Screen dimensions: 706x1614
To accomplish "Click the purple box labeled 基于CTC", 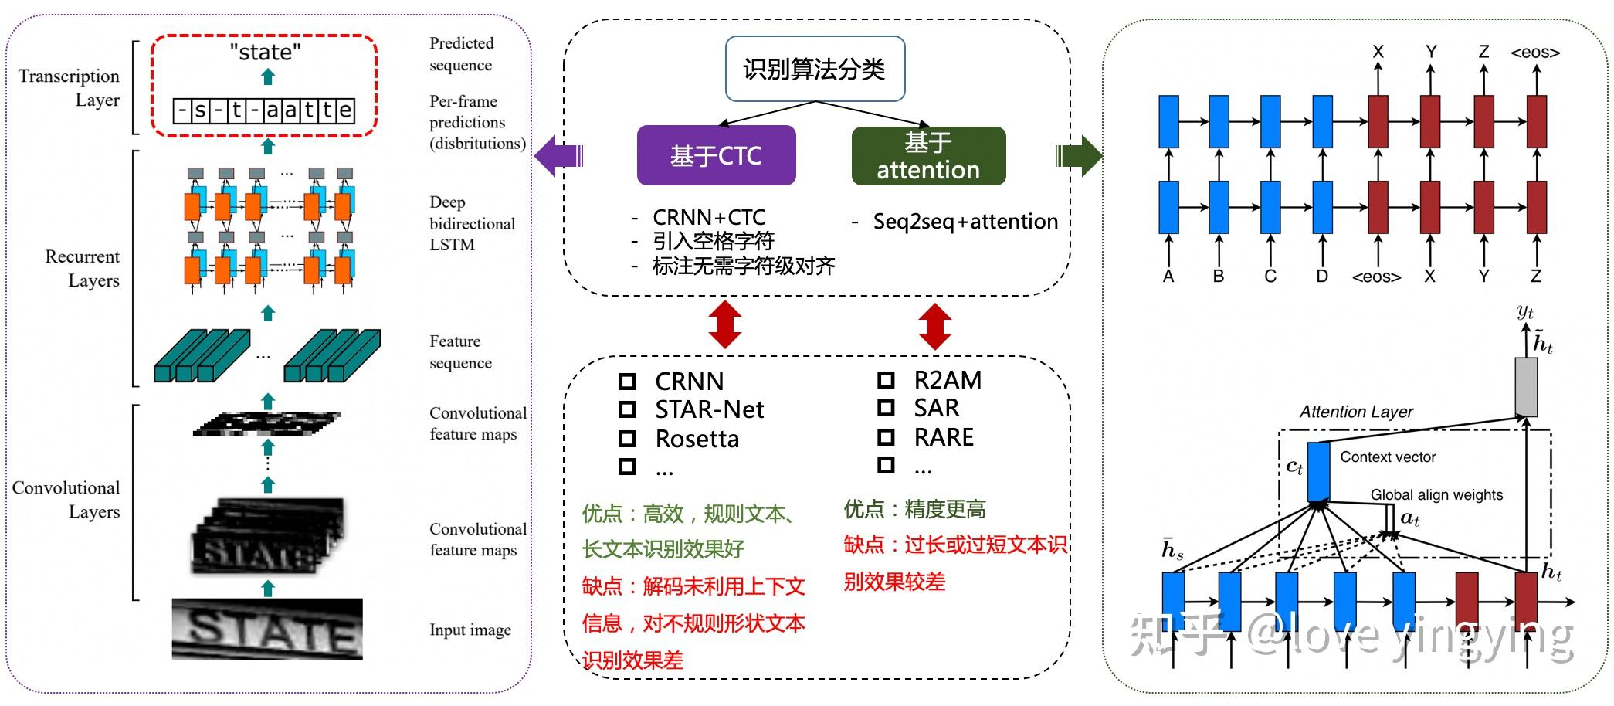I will pos(716,155).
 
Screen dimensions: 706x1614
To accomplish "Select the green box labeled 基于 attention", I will pos(928,156).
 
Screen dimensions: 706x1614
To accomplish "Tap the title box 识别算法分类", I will pos(815,69).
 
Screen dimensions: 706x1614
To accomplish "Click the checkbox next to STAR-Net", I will pos(627,409).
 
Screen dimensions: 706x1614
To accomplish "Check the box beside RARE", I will pos(886,437).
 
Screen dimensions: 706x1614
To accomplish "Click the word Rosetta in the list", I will pos(697,439).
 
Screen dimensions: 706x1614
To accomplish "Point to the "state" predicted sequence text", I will pos(265,53).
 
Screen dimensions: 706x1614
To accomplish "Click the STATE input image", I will pos(267,630).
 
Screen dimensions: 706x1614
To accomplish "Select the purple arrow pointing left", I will pos(558,155).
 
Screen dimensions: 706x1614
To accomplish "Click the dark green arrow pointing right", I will pos(1079,155).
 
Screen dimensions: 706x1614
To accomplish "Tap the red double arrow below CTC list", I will pos(725,325).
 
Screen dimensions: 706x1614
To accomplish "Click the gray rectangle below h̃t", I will pos(1525,386).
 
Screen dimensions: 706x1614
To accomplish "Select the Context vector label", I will pos(1388,457).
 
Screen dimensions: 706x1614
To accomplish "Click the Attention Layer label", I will pos(1355,412).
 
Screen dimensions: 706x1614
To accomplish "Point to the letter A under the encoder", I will pos(1168,277).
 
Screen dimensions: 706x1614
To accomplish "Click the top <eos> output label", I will pos(1534,53).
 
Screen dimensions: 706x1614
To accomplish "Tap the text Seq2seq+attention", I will pos(965,222).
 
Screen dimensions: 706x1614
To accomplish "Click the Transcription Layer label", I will pos(70,87).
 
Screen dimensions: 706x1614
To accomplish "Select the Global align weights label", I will pos(1436,494).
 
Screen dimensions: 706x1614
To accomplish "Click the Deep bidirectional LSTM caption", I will pos(471,223).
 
